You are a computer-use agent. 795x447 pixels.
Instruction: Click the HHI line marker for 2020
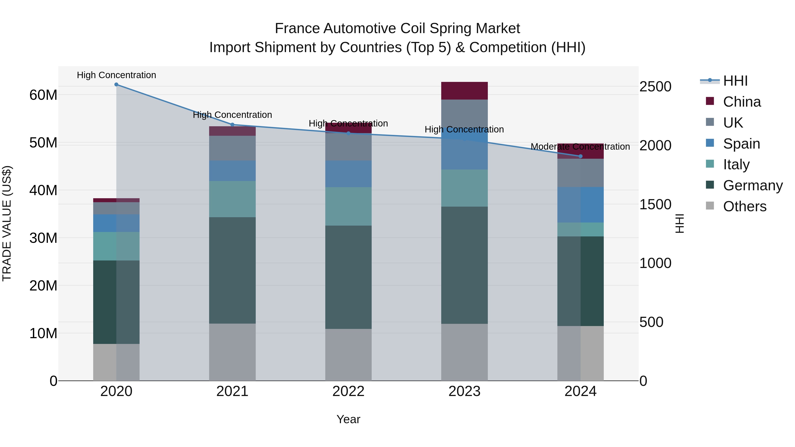point(116,85)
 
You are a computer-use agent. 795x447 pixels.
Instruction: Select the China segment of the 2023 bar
point(464,91)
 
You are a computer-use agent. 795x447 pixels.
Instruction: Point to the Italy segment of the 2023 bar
point(464,188)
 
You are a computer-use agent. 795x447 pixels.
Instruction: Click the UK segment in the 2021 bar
point(232,148)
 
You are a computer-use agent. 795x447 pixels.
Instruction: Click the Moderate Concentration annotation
point(580,147)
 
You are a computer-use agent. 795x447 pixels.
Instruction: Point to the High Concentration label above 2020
point(116,75)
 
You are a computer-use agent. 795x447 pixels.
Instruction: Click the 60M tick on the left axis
point(43,95)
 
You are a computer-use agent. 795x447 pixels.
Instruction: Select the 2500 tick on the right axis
point(655,87)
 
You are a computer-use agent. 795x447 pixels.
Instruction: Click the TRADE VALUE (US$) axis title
point(7,223)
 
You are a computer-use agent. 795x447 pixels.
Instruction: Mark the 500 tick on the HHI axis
point(651,322)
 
